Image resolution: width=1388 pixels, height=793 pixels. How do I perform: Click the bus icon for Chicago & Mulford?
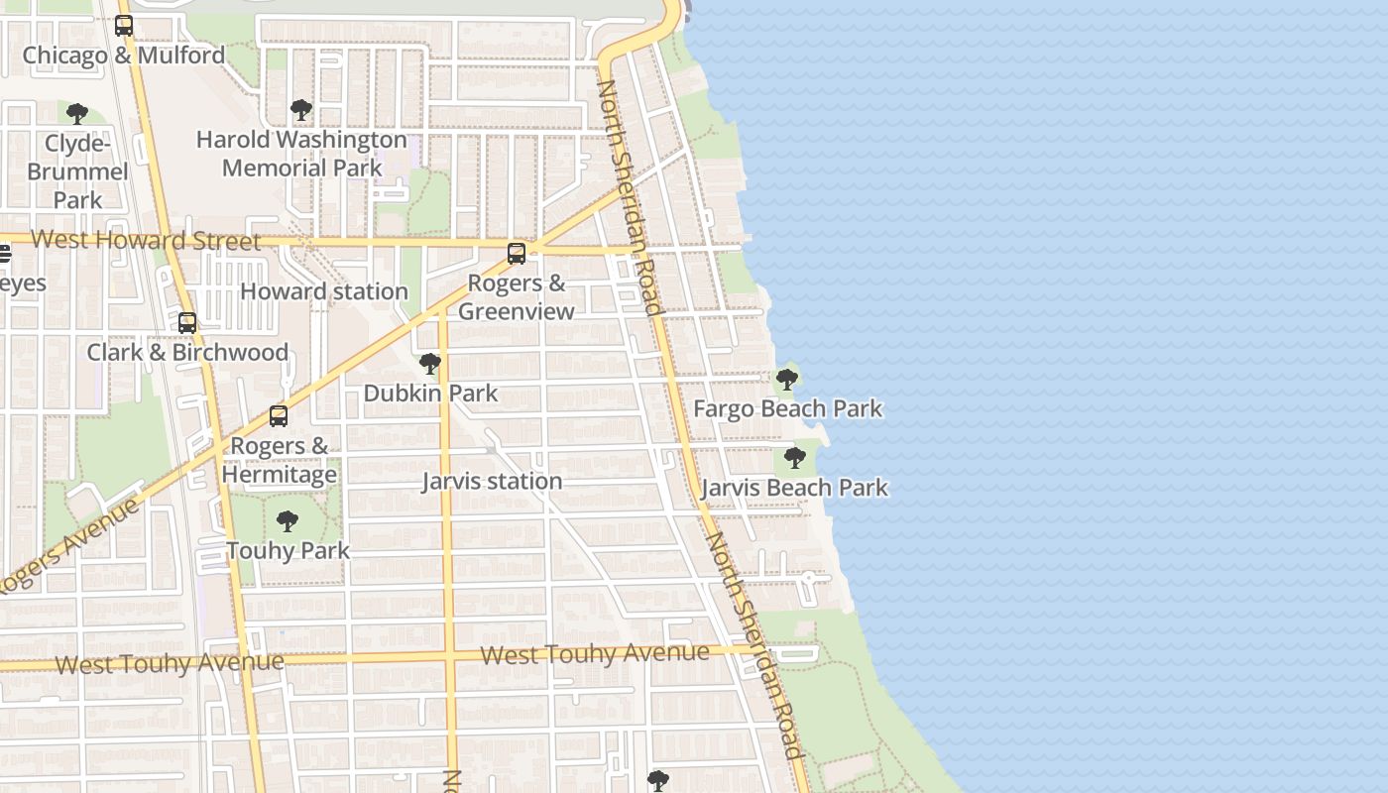(x=124, y=26)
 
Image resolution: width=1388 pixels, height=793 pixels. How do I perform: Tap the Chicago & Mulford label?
(x=124, y=56)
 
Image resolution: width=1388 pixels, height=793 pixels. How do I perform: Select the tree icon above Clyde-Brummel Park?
(x=77, y=113)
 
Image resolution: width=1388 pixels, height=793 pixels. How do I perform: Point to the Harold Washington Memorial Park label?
(x=301, y=154)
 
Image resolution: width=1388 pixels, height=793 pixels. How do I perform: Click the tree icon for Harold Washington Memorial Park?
(x=301, y=110)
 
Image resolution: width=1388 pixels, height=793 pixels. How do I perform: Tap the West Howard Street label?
(x=146, y=240)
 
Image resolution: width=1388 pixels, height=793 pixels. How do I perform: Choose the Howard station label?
(x=324, y=291)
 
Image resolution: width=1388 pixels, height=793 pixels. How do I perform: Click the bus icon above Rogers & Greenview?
(x=517, y=254)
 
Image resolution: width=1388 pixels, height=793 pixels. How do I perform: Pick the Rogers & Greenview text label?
(x=517, y=297)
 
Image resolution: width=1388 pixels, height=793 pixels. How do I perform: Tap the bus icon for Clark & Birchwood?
(x=187, y=323)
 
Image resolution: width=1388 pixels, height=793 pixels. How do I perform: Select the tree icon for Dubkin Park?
(x=429, y=364)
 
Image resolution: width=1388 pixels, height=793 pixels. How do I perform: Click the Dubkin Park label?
(x=430, y=394)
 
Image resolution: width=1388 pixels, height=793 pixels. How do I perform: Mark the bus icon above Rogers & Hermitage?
(x=279, y=416)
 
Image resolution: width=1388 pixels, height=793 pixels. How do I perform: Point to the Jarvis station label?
(x=492, y=482)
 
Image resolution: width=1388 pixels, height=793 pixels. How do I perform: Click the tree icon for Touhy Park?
(x=288, y=520)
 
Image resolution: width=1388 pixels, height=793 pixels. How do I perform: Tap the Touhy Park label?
(x=288, y=550)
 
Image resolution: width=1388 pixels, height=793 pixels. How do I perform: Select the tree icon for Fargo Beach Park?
(x=787, y=379)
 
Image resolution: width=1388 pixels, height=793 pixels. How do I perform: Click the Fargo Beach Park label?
(x=787, y=408)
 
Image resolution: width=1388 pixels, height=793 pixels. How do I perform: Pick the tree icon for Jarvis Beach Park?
(x=794, y=457)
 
